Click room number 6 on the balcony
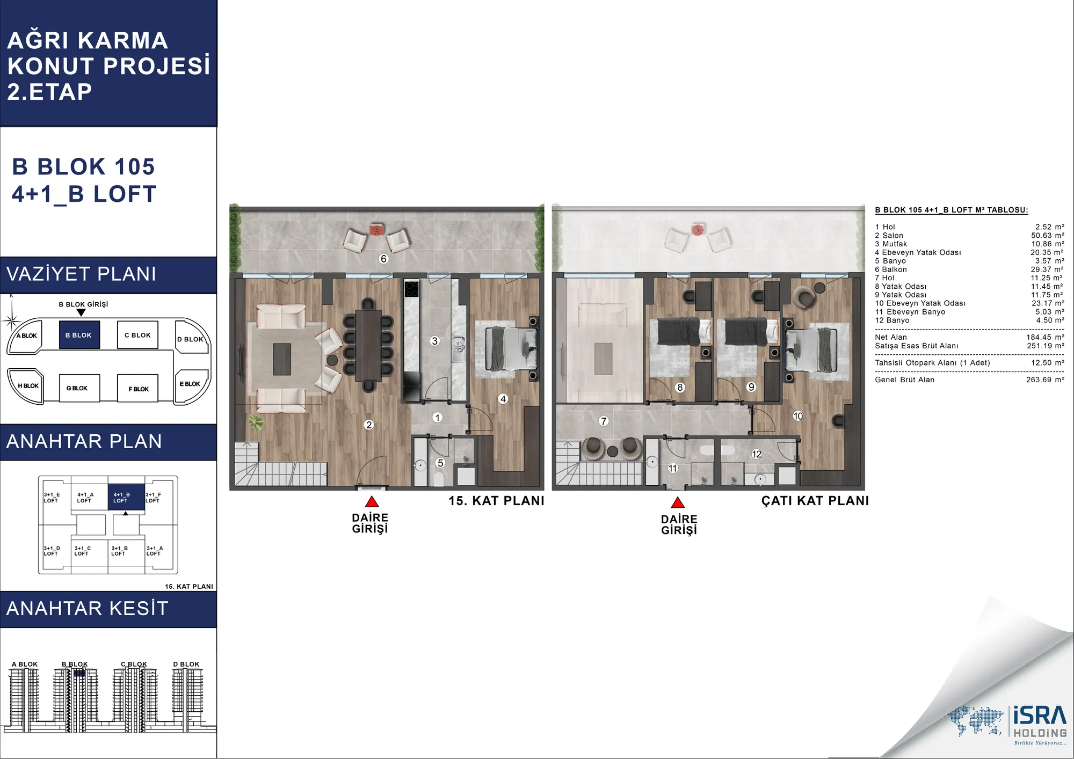pos(383,259)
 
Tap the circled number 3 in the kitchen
pos(435,341)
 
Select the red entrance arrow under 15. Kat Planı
pos(372,502)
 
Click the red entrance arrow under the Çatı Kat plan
pos(678,502)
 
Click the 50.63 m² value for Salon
pos(1047,236)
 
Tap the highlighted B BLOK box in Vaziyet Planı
pos(79,335)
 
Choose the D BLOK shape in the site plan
pos(192,337)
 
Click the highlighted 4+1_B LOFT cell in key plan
pos(126,497)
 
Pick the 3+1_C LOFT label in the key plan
pos(83,551)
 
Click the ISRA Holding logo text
pos(1040,721)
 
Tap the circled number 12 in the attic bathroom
pos(757,454)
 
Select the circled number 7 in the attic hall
pos(604,421)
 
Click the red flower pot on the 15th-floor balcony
pos(376,230)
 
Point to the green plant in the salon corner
pos(256,422)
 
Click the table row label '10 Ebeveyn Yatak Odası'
pos(920,303)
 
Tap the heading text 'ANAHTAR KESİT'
pos(88,609)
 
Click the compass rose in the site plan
pos(11,320)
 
